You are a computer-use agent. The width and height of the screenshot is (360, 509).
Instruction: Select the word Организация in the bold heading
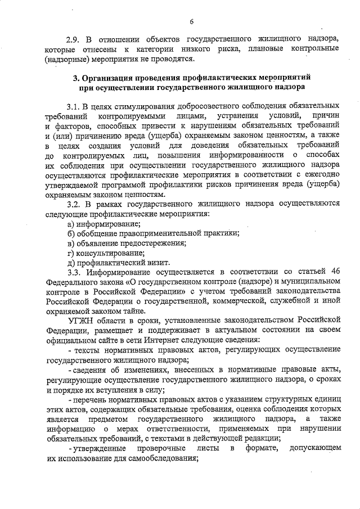pyautogui.click(x=110, y=76)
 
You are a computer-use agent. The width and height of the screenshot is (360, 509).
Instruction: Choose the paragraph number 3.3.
pyautogui.click(x=73, y=273)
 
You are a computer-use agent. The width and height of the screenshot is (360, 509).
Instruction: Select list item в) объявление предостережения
pyautogui.click(x=127, y=243)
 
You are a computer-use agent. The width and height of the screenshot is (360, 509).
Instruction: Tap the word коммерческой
pyautogui.click(x=218, y=302)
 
